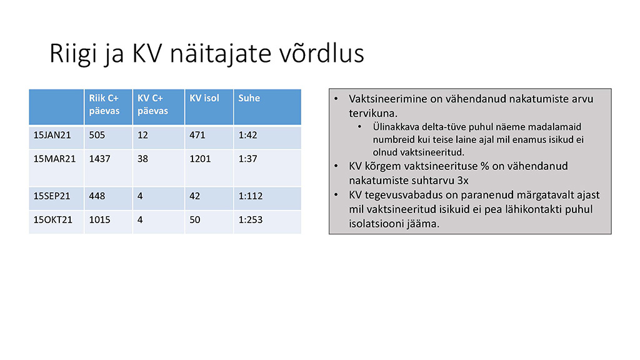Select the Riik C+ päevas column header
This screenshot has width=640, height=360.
click(104, 104)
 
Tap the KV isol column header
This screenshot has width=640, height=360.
click(204, 98)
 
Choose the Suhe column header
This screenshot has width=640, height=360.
click(249, 98)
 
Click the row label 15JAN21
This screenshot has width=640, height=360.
click(52, 135)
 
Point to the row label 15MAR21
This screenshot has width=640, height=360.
click(55, 159)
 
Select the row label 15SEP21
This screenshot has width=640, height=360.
click(52, 196)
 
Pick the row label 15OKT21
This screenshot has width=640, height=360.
click(52, 219)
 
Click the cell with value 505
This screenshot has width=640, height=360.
click(97, 135)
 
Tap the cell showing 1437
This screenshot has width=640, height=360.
click(99, 159)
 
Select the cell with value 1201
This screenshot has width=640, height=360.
click(200, 159)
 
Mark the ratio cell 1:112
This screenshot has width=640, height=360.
click(251, 196)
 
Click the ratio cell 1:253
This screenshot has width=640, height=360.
click(251, 219)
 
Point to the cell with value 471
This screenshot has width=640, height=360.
click(197, 135)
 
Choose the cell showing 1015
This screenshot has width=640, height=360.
click(99, 219)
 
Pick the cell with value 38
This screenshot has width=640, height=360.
click(142, 159)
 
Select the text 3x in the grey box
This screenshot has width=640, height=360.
click(463, 181)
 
